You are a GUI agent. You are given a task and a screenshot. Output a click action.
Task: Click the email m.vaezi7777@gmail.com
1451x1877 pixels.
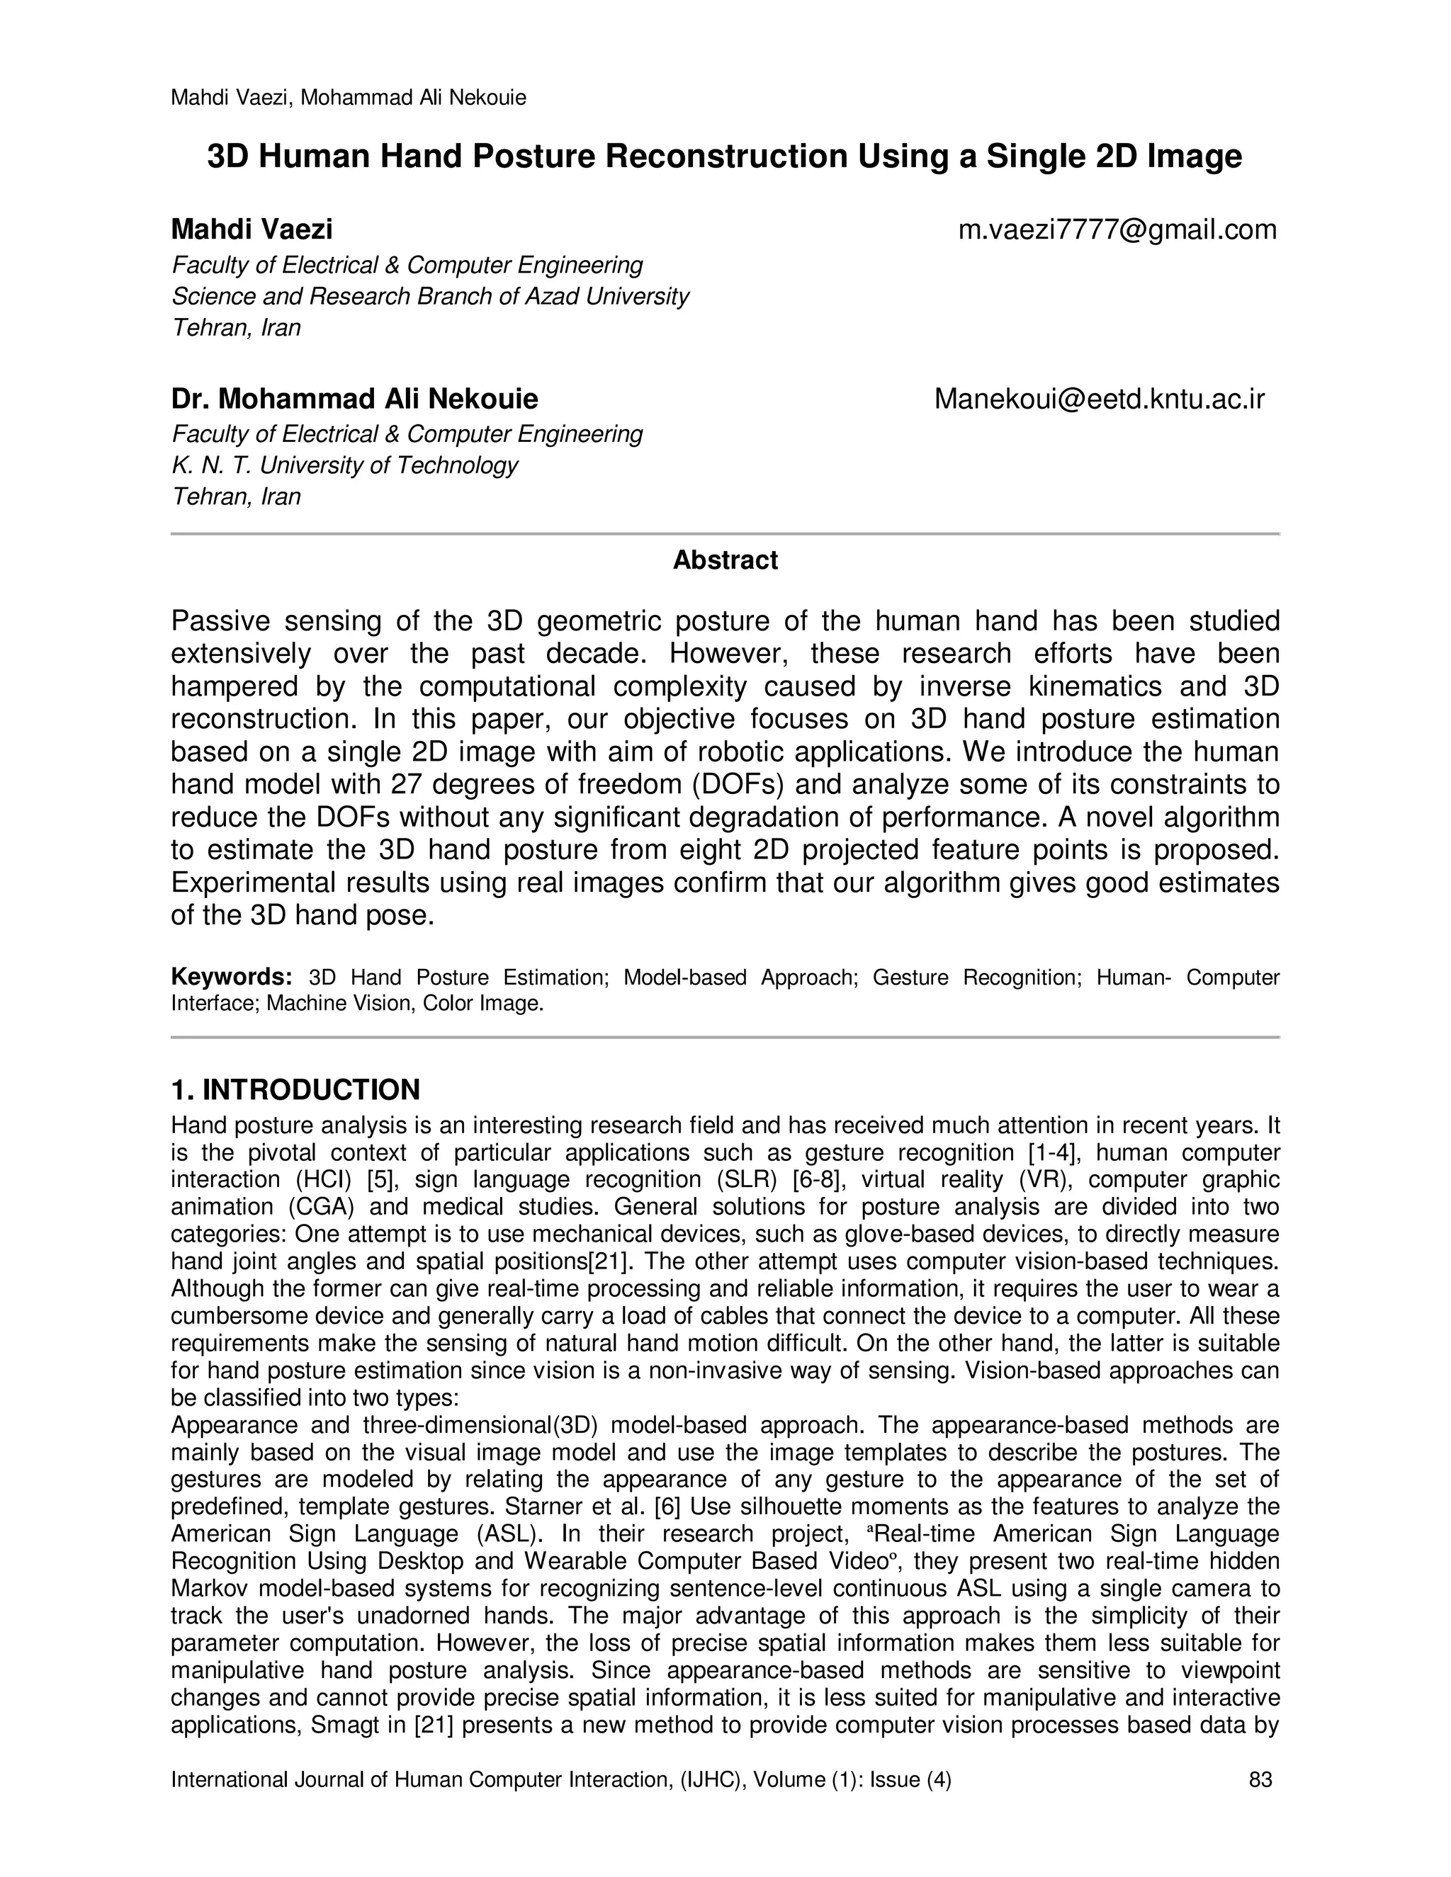tap(1117, 230)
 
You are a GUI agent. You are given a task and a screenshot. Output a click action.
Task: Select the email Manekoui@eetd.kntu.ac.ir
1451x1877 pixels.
tap(1100, 399)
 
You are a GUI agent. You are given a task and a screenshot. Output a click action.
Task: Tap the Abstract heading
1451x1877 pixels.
tap(725, 560)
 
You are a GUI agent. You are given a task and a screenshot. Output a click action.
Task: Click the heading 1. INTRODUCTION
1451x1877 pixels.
tap(295, 1090)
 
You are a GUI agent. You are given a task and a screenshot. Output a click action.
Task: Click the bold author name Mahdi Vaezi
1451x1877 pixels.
tap(252, 230)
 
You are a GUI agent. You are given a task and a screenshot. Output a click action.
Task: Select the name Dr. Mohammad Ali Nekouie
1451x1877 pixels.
tap(354, 399)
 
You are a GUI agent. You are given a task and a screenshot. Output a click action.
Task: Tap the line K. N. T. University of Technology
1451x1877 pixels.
tap(345, 466)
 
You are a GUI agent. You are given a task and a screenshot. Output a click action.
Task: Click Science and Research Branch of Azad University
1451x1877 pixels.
tap(430, 297)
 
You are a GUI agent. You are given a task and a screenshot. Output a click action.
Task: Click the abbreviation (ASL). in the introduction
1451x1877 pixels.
tap(509, 1534)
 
